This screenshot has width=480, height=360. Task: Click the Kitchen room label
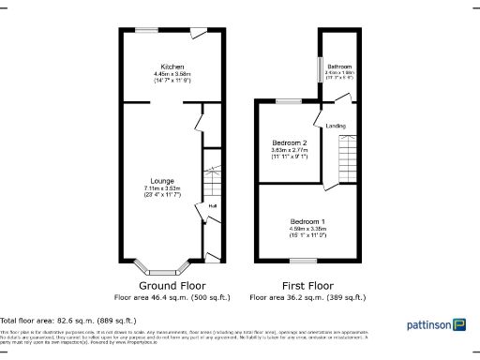pyautogui.click(x=172, y=67)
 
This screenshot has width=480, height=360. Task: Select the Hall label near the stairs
pyautogui.click(x=213, y=206)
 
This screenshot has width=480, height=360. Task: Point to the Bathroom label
pyautogui.click(x=339, y=67)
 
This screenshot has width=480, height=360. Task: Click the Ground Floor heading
pyautogui.click(x=171, y=285)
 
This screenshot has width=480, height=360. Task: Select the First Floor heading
pyautogui.click(x=308, y=285)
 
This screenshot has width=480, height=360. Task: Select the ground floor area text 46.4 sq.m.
pyautogui.click(x=171, y=297)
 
